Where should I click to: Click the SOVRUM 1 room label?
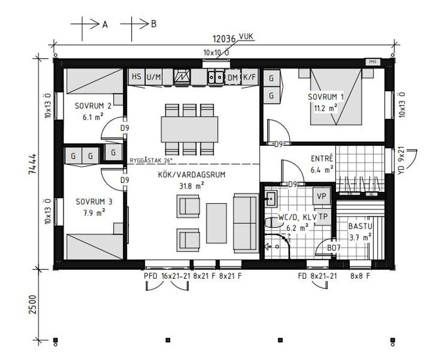click(x=326, y=97)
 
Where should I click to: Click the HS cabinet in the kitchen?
click(x=135, y=77)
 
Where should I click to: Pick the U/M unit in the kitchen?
click(x=153, y=77)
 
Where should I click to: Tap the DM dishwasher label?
click(x=233, y=78)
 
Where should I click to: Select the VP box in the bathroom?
click(x=321, y=196)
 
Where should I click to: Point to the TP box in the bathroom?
click(x=322, y=216)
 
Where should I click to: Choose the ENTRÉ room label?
click(x=322, y=159)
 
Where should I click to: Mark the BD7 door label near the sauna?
click(x=334, y=248)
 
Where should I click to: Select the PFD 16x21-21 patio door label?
click(x=166, y=277)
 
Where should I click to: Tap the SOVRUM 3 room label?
click(x=94, y=202)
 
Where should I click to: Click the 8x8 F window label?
click(x=360, y=277)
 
